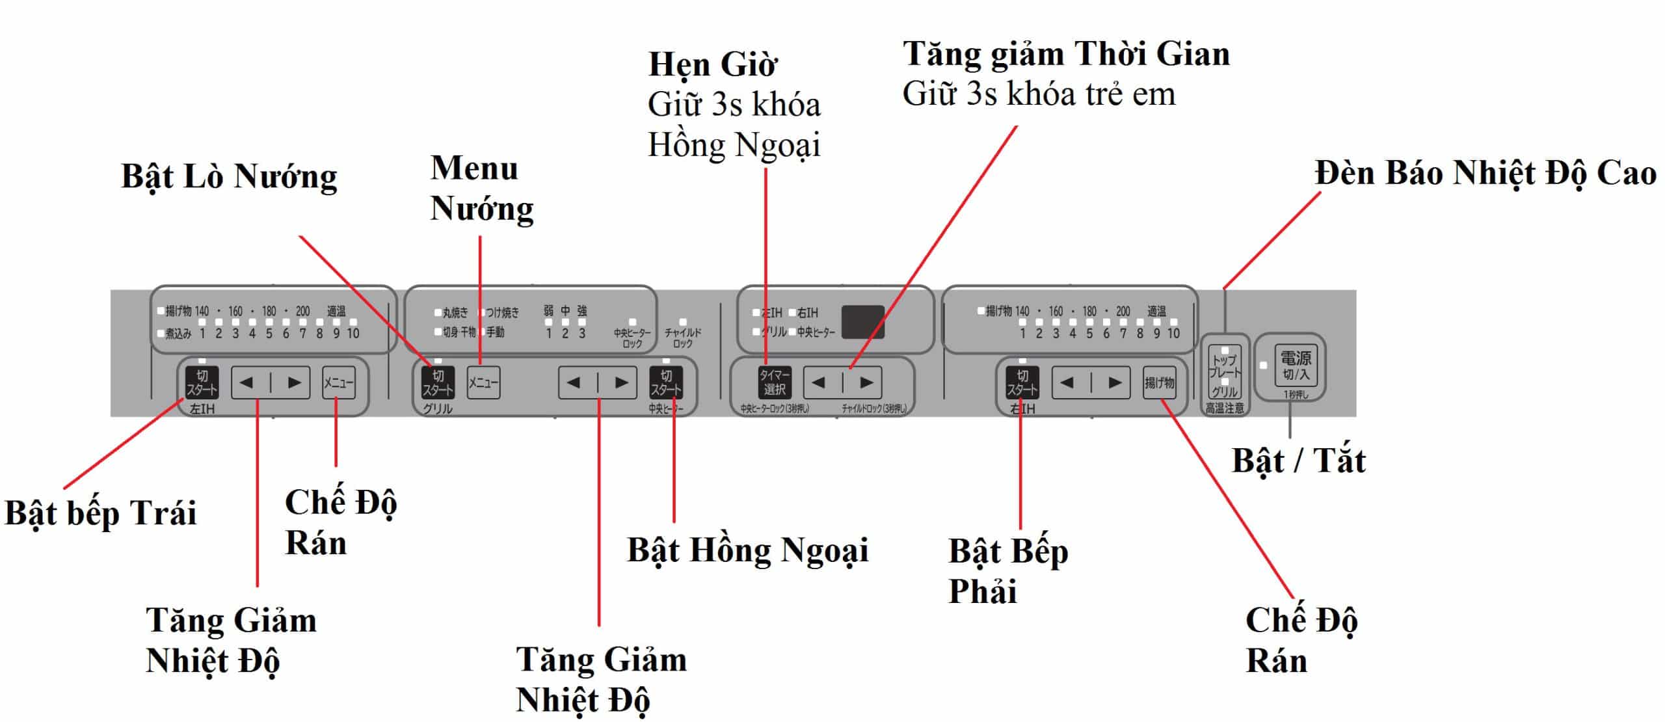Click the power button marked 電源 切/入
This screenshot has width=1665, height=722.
[x=1295, y=366]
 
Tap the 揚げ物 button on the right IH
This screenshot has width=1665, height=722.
[x=1159, y=382]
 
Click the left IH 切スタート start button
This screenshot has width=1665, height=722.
[x=202, y=382]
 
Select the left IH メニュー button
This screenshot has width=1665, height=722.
[x=338, y=382]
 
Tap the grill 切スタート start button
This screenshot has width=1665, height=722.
[x=437, y=382]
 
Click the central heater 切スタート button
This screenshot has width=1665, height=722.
[x=666, y=382]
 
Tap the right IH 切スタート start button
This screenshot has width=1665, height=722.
[x=1022, y=382]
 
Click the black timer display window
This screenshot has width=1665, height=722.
[x=863, y=321]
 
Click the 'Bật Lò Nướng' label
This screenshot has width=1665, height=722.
[x=229, y=177]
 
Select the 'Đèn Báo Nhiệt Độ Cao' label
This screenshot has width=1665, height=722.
[x=1485, y=174]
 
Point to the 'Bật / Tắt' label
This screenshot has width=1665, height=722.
[x=1298, y=461]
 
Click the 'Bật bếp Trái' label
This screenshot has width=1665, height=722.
[x=100, y=513]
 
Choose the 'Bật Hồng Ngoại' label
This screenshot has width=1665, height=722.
[x=747, y=550]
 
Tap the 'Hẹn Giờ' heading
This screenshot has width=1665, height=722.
[x=713, y=64]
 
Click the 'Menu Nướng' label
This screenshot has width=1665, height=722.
[x=481, y=189]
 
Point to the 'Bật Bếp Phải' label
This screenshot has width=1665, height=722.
[x=1007, y=571]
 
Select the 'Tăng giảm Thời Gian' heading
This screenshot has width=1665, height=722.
[x=1066, y=54]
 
